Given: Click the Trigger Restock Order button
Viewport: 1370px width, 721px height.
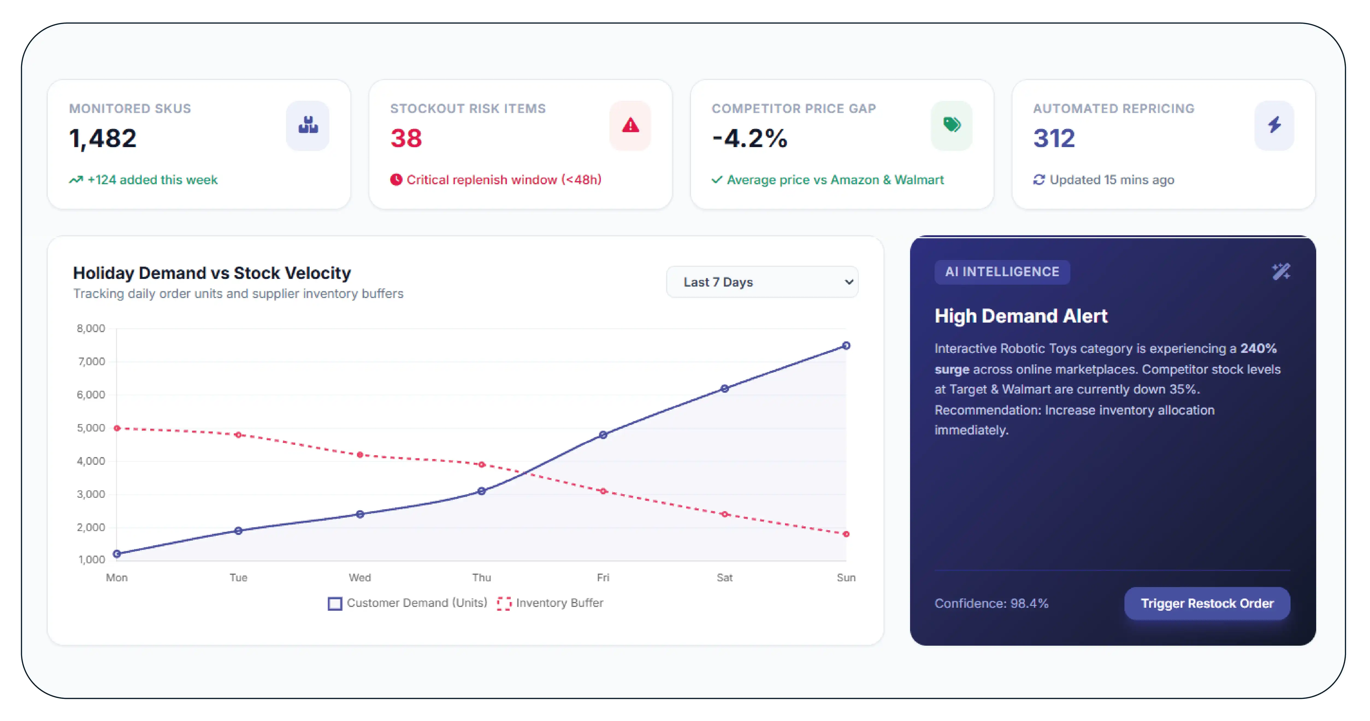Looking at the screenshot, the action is (x=1207, y=603).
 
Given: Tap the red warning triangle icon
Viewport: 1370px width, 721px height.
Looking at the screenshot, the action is (x=630, y=125).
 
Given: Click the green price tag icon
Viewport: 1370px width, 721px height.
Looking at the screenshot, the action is (x=952, y=125).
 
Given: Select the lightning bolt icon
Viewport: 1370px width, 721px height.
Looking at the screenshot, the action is (x=1274, y=125).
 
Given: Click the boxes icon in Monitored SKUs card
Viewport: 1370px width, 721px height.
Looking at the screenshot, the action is (x=308, y=125).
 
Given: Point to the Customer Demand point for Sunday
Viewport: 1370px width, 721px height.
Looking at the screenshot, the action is (x=846, y=345).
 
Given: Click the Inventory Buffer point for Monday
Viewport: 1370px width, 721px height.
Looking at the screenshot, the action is (x=117, y=428).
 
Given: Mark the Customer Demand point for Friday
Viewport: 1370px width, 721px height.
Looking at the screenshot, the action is (x=603, y=435).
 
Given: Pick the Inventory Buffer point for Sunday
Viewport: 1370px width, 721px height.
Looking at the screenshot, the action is (x=846, y=534).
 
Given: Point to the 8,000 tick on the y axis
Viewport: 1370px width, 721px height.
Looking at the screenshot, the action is (x=91, y=328).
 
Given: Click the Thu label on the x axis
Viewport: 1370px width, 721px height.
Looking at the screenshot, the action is (x=481, y=577).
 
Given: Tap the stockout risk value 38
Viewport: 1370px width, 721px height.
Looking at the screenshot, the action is (x=406, y=138).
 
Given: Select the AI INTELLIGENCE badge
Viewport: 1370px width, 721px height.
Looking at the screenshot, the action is (x=1002, y=272).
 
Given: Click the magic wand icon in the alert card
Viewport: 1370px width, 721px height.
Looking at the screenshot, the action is (x=1281, y=272).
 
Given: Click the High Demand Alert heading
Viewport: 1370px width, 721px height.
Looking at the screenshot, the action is (x=1021, y=316).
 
